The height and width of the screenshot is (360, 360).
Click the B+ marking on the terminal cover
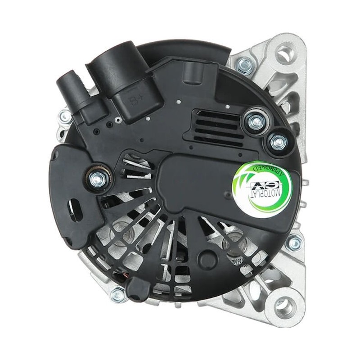pyautogui.click(x=134, y=98)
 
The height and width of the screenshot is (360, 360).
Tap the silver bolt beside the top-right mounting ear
pyautogui.click(x=244, y=65)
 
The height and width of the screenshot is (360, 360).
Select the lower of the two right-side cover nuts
pyautogui.click(x=279, y=142)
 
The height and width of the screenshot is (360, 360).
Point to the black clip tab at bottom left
pyautogui.click(x=136, y=288)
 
